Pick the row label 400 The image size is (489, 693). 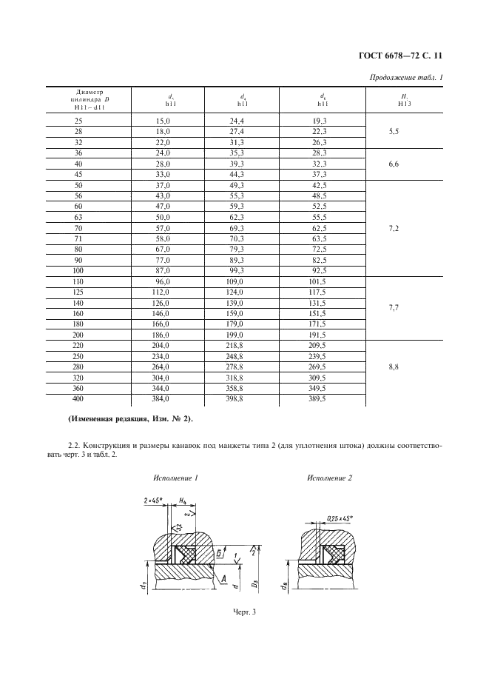point(79,398)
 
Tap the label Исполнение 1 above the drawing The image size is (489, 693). point(176,478)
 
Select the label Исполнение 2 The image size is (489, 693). point(329,478)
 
